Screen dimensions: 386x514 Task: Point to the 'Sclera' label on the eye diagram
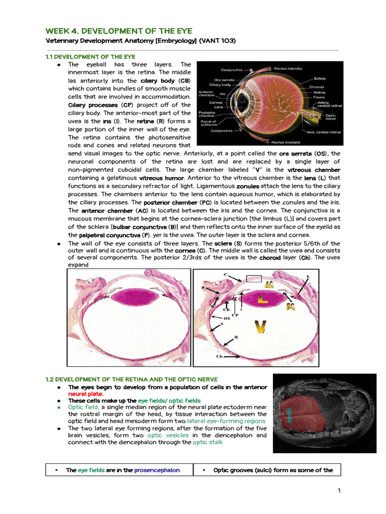[x=320, y=79]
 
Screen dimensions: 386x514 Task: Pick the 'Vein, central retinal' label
[x=324, y=132]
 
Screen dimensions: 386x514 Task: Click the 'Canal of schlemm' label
[x=208, y=122]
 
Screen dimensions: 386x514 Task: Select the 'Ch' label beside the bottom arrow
[x=220, y=357]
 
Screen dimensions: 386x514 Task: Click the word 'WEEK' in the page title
[x=58, y=31]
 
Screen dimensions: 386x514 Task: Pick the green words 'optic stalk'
[x=209, y=442]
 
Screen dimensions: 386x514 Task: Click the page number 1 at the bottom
[x=340, y=490]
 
